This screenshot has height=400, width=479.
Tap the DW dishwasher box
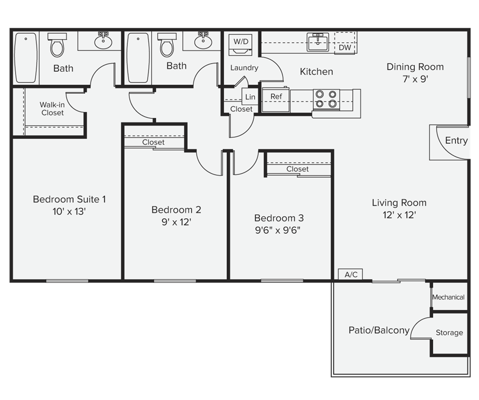point(345,47)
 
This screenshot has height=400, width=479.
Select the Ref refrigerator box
point(276,97)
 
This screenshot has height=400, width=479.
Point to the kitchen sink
point(317,42)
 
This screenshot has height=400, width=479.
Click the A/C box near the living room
point(351,274)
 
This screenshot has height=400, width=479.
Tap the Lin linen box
point(250,97)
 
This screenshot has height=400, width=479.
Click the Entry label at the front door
point(456,141)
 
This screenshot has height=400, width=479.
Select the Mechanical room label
point(448,297)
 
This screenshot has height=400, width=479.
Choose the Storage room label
point(449,333)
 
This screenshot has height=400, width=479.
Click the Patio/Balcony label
point(379,330)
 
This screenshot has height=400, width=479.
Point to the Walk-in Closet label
point(52,108)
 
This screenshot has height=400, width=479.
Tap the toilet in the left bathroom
point(57,45)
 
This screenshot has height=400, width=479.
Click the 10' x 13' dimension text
point(69,211)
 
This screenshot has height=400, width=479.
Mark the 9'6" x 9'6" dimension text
point(279,231)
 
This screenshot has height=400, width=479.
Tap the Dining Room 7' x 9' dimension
point(415,80)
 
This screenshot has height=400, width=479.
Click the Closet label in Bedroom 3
point(297,169)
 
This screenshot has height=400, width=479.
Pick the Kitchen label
point(316,72)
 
